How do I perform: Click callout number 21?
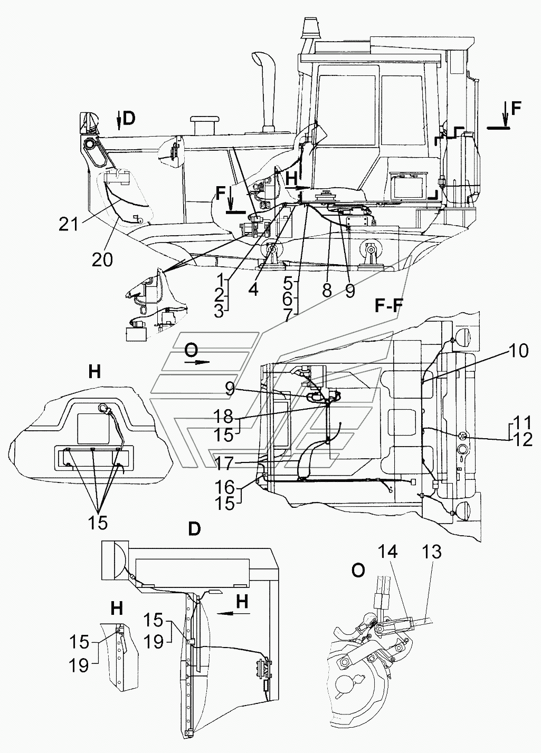click(69, 224)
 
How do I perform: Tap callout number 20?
click(103, 259)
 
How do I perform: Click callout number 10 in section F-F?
click(518, 351)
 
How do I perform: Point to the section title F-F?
click(386, 307)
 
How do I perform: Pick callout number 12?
click(522, 440)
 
